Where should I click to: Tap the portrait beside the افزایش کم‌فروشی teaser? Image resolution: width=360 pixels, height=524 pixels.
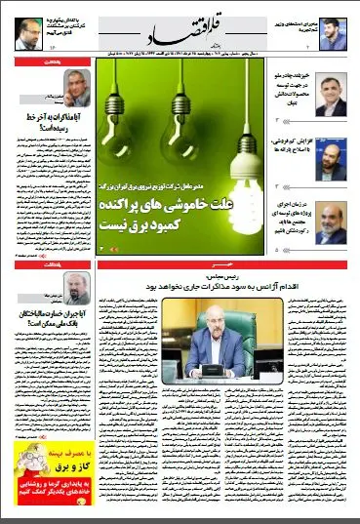coord(331,155)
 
